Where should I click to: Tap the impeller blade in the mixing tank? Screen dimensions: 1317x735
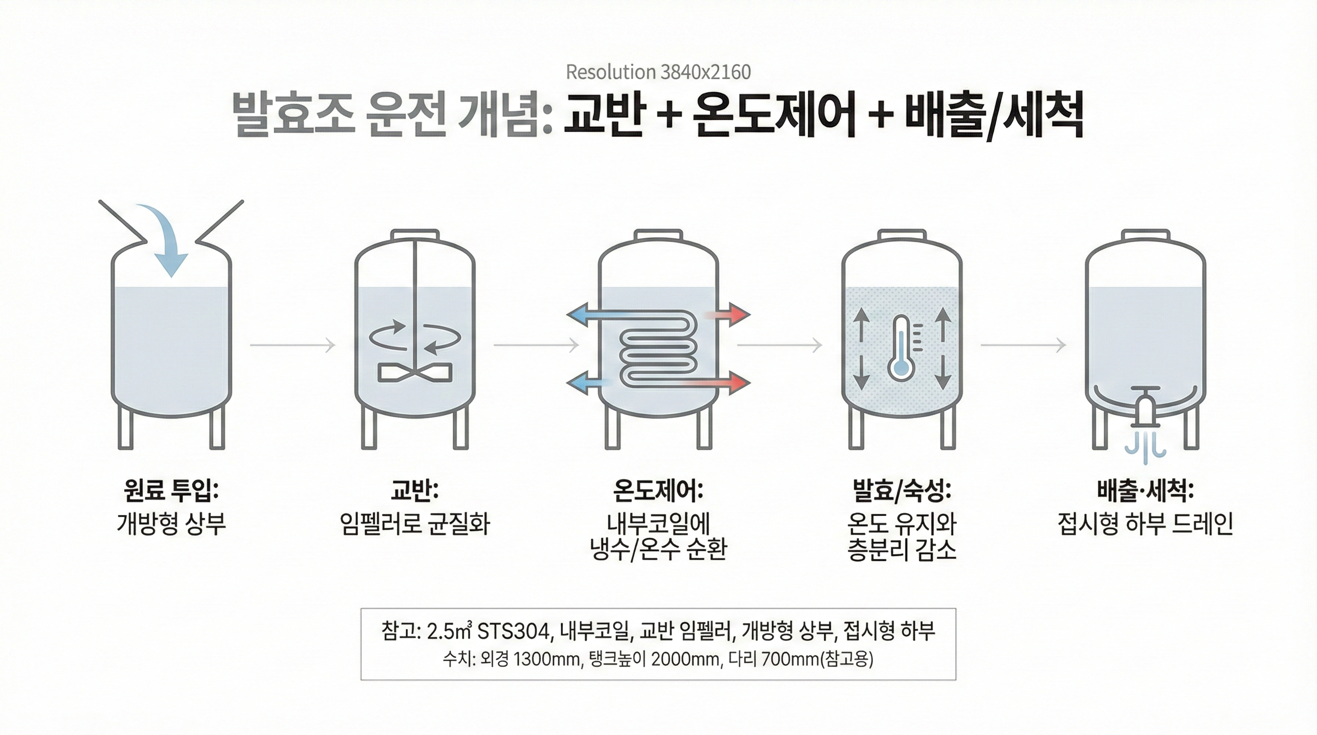click(x=414, y=373)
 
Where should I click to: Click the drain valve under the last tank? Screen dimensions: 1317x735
click(x=1144, y=410)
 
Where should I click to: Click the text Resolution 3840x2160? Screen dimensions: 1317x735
click(x=658, y=73)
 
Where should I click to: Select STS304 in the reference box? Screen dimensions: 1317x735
click(x=515, y=632)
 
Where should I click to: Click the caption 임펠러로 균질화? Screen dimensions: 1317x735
click(x=414, y=524)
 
